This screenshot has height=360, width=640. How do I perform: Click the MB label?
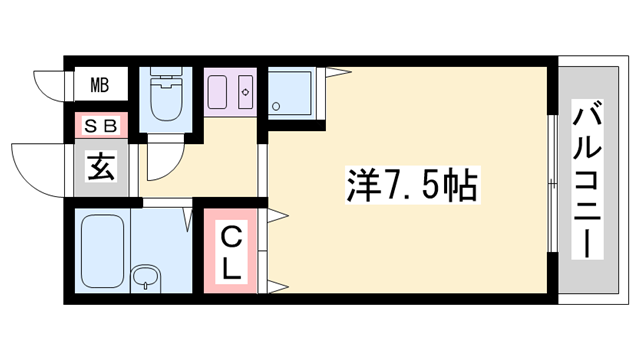(101, 85)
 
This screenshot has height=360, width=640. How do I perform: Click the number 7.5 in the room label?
(410, 186)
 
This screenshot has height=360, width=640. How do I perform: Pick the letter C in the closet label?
(231, 237)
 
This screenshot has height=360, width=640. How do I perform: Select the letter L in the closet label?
(231, 267)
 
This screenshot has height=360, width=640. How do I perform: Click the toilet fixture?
(162, 97)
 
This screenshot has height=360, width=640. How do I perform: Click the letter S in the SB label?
(90, 126)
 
